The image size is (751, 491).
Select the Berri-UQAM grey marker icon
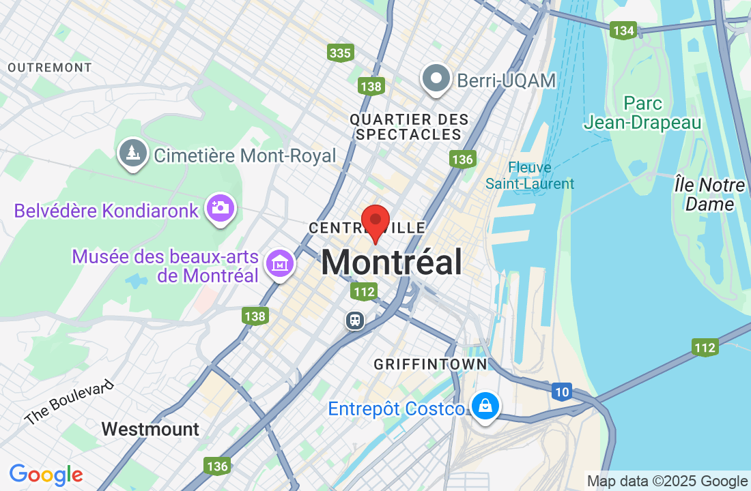(x=435, y=79)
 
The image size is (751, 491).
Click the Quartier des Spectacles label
(x=409, y=127)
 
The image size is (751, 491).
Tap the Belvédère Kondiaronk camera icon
(x=221, y=208)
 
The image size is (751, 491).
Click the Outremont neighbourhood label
(x=50, y=68)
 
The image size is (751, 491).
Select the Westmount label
(x=150, y=429)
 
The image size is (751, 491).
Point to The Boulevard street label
(x=68, y=402)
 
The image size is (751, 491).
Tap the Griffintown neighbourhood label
(x=430, y=365)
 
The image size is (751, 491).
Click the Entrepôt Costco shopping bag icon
(x=485, y=406)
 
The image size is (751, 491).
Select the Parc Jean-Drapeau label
(x=642, y=113)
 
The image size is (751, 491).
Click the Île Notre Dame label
(x=709, y=194)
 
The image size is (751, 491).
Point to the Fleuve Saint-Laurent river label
(x=530, y=175)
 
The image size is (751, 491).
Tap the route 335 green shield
(x=339, y=53)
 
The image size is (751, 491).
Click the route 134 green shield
(x=623, y=31)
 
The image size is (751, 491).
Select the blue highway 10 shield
(x=561, y=391)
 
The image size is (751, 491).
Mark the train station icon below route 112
(x=355, y=320)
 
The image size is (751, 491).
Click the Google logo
(x=46, y=475)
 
